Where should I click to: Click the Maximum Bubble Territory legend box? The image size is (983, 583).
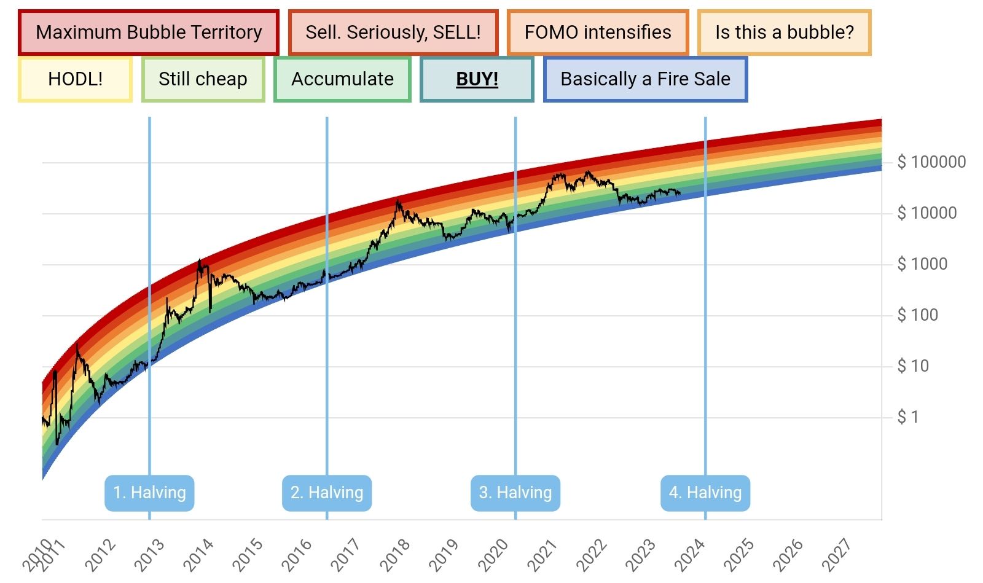tap(149, 32)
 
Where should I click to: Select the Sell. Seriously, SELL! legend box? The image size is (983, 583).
tap(393, 32)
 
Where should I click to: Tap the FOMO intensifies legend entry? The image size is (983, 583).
tap(598, 32)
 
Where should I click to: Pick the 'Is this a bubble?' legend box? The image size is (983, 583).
tap(785, 32)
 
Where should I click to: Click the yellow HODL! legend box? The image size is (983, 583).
tap(75, 79)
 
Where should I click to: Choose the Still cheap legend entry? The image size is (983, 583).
tap(203, 79)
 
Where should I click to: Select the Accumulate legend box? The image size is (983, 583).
tap(342, 79)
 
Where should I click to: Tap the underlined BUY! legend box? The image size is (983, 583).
tap(477, 79)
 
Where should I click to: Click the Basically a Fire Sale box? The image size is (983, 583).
tap(645, 79)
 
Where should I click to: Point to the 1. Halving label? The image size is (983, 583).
tap(149, 493)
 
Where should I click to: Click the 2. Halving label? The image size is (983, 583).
tap(327, 493)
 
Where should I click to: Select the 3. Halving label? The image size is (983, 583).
tap(515, 493)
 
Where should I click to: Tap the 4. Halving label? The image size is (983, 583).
tap(705, 493)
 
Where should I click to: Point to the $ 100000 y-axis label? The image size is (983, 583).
tap(931, 162)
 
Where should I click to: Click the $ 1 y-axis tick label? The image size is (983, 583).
tap(908, 417)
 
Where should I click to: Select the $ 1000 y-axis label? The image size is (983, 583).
tap(922, 264)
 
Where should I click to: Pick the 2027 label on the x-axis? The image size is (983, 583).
tap(836, 554)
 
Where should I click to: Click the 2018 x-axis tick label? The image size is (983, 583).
tap(394, 554)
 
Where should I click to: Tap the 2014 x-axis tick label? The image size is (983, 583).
tap(198, 554)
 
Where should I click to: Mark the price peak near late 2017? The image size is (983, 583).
tap(398, 200)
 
